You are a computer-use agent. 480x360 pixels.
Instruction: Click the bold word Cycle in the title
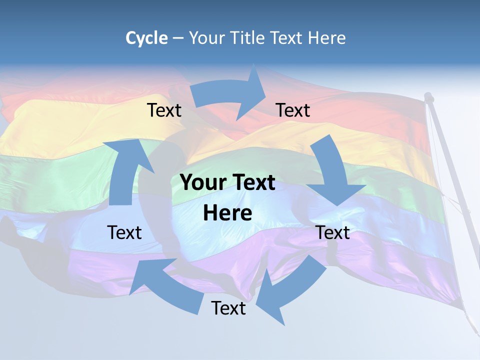(x=146, y=38)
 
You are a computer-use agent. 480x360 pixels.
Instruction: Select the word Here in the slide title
(x=327, y=38)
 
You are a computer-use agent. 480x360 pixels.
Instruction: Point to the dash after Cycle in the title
(x=178, y=38)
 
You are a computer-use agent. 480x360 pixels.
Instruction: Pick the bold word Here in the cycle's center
(x=227, y=213)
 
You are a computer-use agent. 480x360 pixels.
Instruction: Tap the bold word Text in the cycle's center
(x=252, y=183)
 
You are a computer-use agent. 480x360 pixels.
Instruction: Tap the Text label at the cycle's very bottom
(x=228, y=308)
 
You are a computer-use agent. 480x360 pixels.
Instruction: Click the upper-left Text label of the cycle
(x=164, y=110)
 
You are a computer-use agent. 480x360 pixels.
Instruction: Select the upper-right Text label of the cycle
(x=293, y=110)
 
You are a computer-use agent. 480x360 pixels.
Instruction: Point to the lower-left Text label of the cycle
(x=124, y=232)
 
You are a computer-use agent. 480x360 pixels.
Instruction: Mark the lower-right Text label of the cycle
(x=332, y=232)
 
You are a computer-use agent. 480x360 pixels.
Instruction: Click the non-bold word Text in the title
(x=287, y=38)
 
